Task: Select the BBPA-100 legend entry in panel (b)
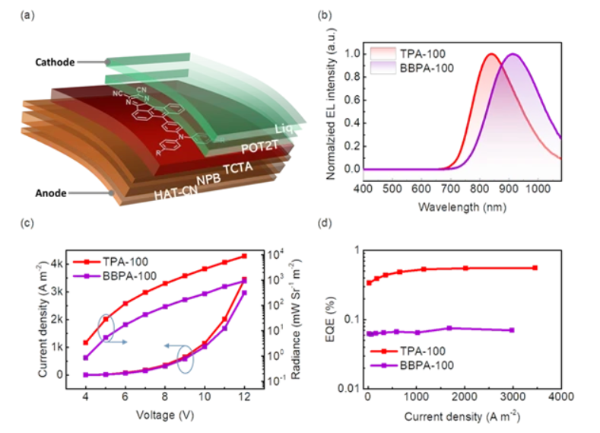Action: pyautogui.click(x=418, y=68)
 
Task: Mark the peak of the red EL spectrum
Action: pyautogui.click(x=491, y=54)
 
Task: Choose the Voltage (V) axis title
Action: pyautogui.click(x=163, y=415)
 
